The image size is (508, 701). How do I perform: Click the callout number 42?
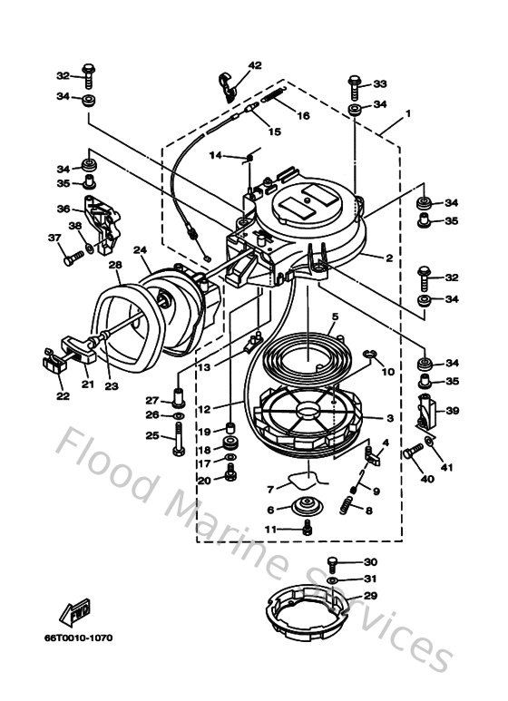pos(255,65)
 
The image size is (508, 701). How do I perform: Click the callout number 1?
pos(408,114)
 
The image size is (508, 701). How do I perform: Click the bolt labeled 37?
pos(73,258)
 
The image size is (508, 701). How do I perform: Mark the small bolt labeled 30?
pos(333,564)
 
